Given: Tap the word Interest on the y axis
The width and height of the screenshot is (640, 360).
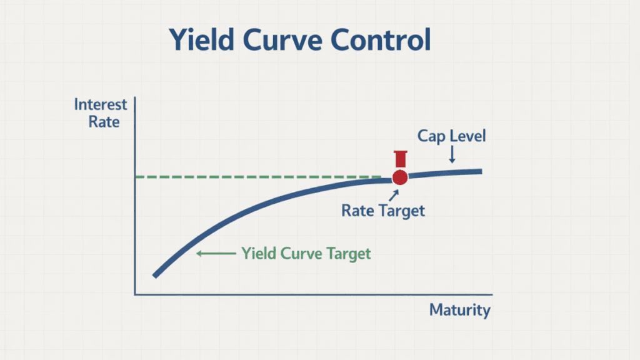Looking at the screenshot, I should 100,104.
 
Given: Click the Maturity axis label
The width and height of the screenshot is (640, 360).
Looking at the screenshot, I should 460,310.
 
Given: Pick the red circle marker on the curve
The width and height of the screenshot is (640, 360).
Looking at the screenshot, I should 400,177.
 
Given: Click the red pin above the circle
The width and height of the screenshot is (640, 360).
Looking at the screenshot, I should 400,159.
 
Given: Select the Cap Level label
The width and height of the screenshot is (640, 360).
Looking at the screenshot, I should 452,136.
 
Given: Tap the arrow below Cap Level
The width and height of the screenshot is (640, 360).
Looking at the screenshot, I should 452,156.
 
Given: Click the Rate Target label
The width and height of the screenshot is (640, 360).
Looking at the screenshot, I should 383,210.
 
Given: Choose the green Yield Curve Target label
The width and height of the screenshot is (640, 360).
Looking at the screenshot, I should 306,253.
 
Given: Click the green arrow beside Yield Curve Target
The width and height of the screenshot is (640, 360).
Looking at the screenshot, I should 214,253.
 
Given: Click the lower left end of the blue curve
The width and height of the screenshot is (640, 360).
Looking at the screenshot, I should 155,275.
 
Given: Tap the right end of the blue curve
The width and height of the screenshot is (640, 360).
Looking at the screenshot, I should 480,171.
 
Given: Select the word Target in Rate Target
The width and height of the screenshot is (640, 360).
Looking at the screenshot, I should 402,210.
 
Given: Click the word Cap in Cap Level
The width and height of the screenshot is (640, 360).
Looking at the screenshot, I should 431,136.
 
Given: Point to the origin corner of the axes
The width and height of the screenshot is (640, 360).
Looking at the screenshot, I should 135,294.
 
